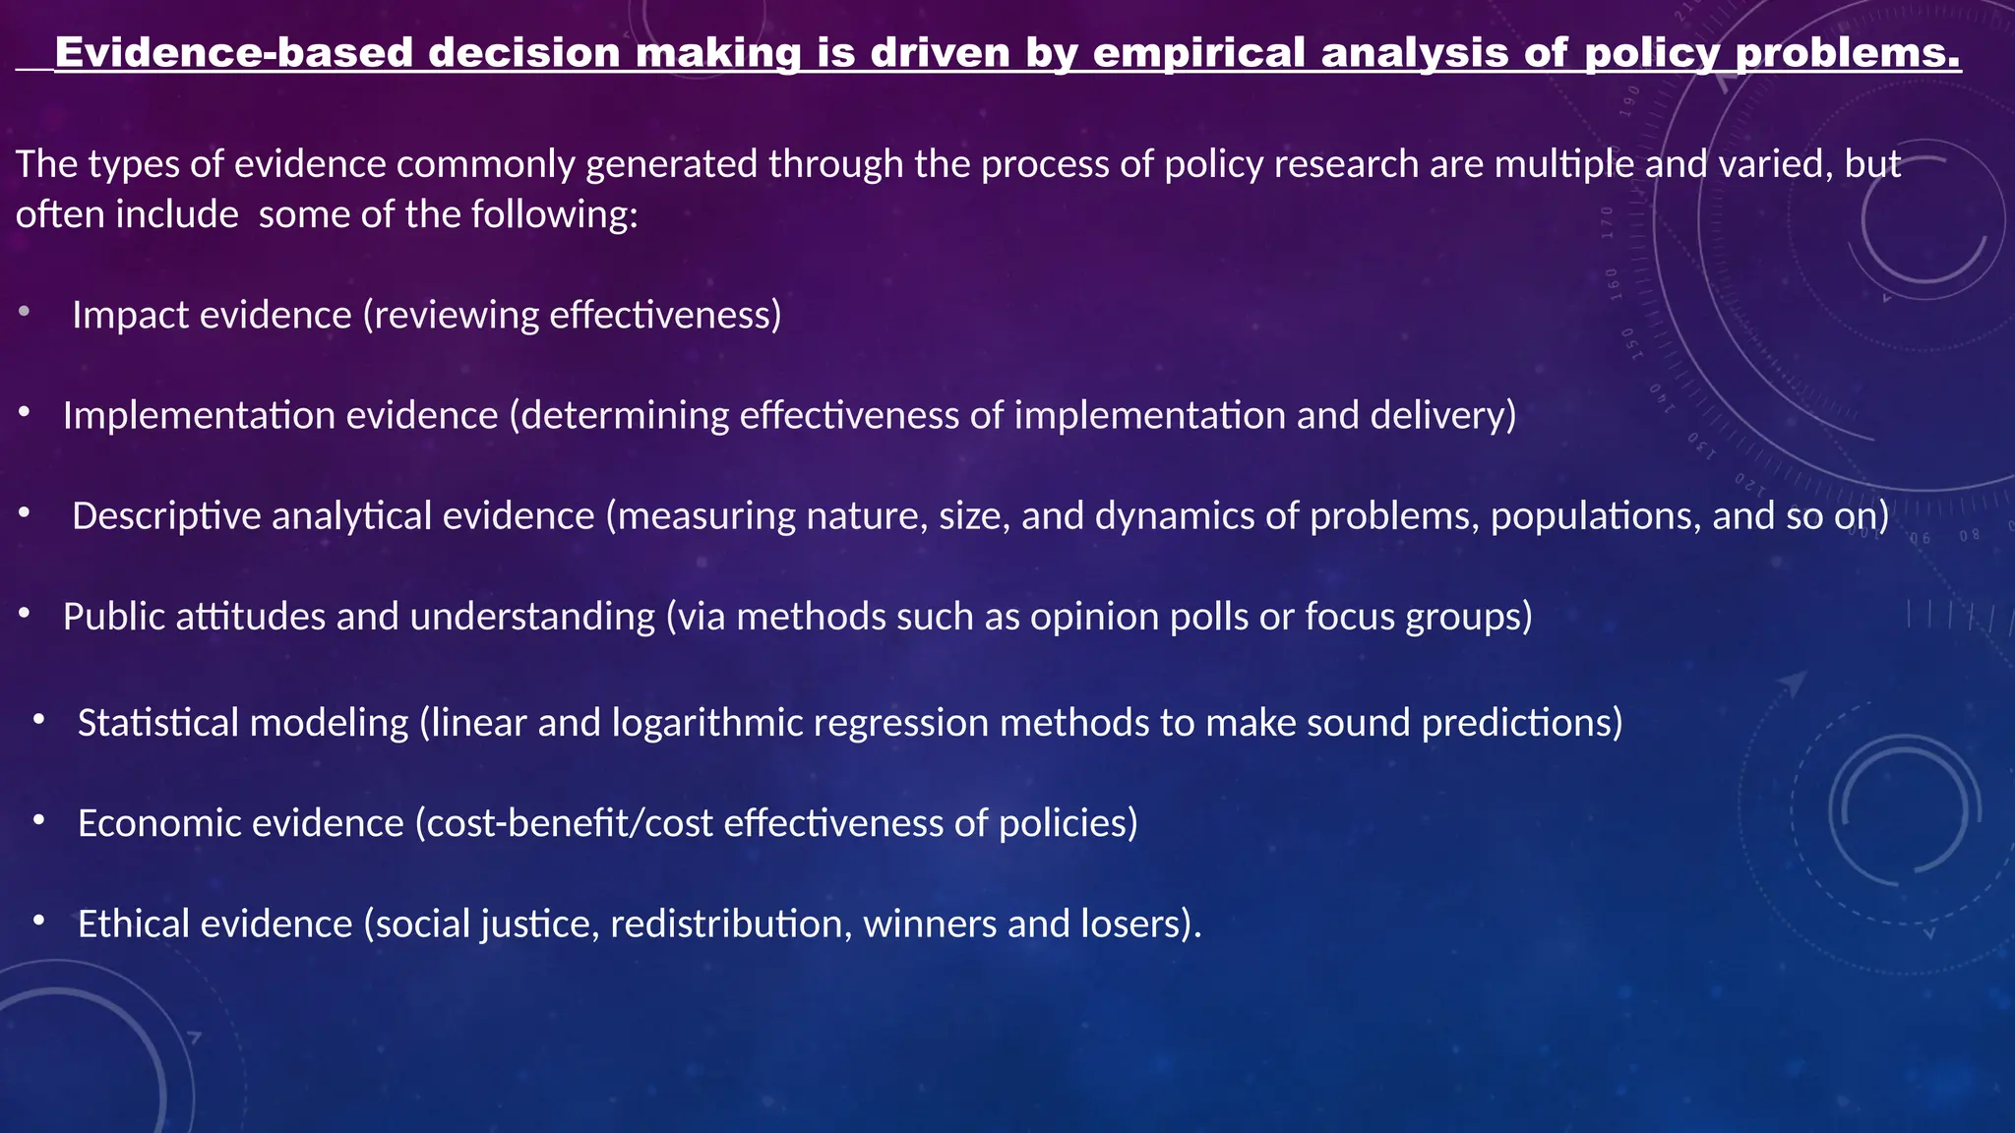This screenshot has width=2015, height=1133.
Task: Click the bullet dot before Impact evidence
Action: [24, 313]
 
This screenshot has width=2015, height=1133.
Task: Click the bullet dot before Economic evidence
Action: [38, 820]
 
